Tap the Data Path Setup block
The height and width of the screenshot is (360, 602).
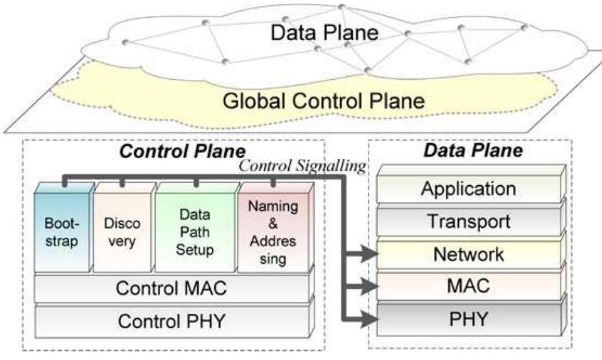pos(196,227)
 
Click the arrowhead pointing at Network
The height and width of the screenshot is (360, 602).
pos(369,253)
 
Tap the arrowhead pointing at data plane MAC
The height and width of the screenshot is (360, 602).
pos(369,285)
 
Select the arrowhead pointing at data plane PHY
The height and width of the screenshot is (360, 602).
pos(369,318)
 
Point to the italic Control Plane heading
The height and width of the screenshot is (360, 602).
pos(183,151)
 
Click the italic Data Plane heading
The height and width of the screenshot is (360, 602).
pos(473,150)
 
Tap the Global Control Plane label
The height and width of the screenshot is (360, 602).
pos(324,102)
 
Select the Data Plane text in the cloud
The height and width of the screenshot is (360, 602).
pos(324,32)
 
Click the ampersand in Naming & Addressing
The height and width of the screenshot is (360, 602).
pos(273,224)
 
